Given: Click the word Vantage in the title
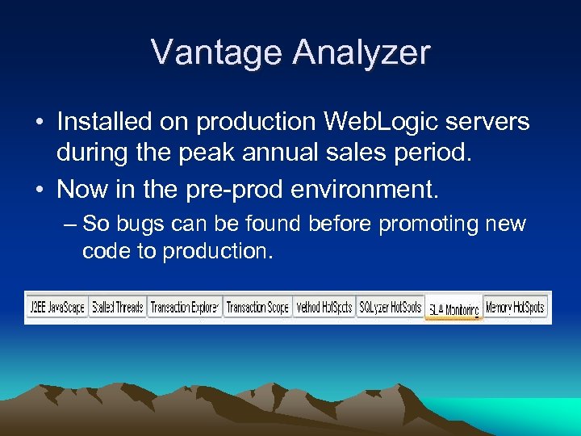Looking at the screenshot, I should [x=217, y=52].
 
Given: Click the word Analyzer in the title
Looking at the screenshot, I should [x=362, y=52].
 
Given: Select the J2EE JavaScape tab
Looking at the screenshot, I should [x=56, y=308].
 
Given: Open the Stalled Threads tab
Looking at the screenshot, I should [x=118, y=308].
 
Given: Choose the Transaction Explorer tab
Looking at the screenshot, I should [x=184, y=308].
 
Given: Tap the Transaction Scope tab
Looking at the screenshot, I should [x=257, y=308].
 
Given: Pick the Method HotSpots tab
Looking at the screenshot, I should [x=324, y=308].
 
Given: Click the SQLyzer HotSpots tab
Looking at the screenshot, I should [x=390, y=308].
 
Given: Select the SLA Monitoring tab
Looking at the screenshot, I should [x=454, y=309].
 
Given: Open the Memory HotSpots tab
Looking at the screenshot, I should [x=516, y=308].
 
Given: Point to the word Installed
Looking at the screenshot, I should [x=104, y=122].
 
